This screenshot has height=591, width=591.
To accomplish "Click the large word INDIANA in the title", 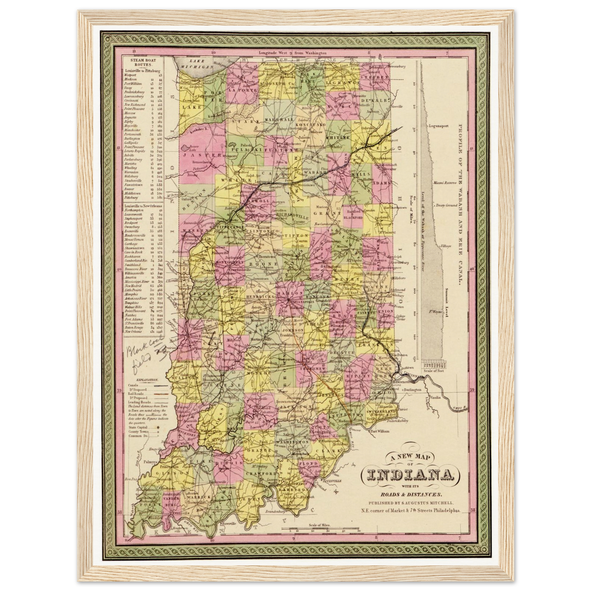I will pos(410,475).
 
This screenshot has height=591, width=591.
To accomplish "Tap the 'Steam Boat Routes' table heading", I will pos(140,62).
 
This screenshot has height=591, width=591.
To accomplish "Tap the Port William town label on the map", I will pos(378,431).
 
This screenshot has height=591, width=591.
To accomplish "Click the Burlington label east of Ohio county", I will pos(412,390).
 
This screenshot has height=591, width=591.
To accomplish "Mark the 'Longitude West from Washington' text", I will pos(292,53).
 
